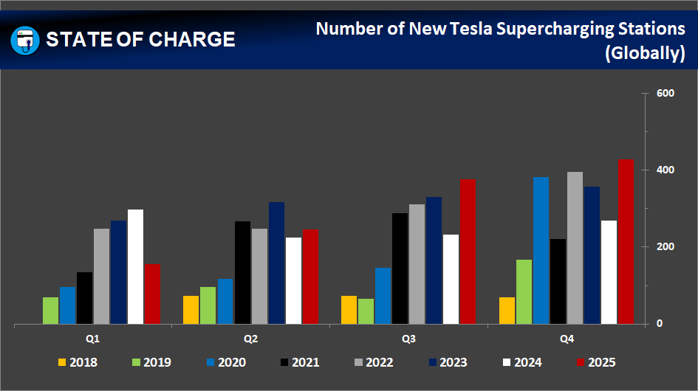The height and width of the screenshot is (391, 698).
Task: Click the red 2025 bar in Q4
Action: (626, 241)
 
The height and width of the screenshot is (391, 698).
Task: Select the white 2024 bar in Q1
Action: (135, 266)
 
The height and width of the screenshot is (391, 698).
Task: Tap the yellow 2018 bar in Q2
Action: (191, 310)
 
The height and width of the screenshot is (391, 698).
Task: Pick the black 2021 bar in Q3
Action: (400, 269)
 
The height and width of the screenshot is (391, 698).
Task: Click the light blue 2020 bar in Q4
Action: (541, 250)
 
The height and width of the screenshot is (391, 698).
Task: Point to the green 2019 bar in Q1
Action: (50, 311)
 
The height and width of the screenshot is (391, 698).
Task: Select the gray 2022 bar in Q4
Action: (575, 248)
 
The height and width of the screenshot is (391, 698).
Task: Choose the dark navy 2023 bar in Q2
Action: (276, 263)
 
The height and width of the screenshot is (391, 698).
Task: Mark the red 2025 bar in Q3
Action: (468, 252)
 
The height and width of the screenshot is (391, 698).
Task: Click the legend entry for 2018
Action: (78, 362)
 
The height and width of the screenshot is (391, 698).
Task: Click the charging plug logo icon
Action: (25, 39)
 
